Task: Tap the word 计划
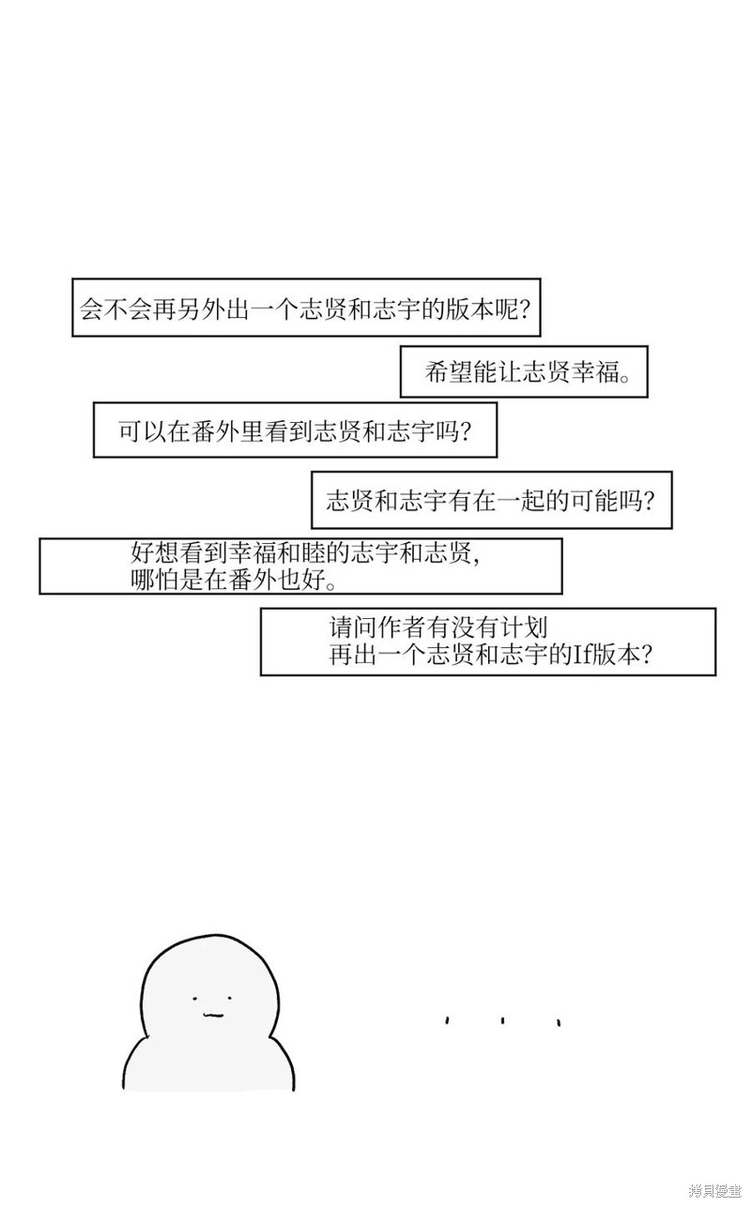[525, 627]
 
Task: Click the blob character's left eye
[194, 999]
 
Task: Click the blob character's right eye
[230, 997]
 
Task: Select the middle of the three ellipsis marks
[502, 1020]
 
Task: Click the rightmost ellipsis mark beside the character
[559, 1021]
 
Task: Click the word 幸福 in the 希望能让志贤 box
[595, 371]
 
